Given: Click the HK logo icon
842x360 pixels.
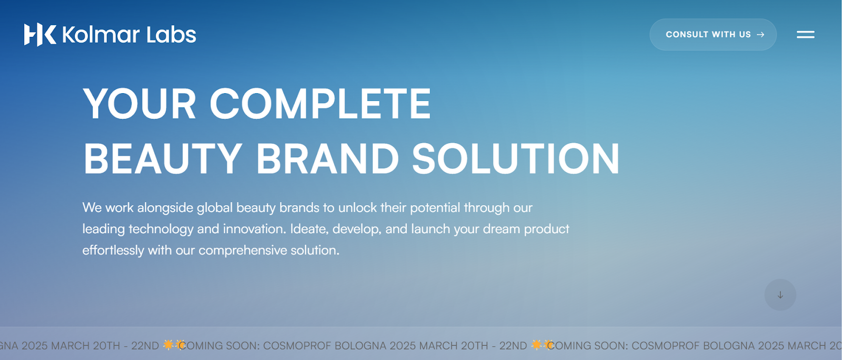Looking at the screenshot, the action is (x=40, y=35).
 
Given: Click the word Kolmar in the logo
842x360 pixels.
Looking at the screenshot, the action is (x=101, y=35).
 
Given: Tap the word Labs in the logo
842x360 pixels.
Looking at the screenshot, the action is (x=172, y=35).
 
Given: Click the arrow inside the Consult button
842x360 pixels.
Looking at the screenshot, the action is (x=760, y=35).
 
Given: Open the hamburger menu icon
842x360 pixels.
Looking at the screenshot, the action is (x=806, y=35).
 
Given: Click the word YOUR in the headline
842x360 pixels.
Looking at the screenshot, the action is (x=139, y=104).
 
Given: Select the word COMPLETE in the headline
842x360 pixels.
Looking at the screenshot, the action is (x=320, y=104).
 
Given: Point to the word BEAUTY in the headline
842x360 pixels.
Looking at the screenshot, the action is (x=163, y=158).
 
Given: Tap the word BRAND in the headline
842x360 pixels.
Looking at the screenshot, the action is (x=327, y=158).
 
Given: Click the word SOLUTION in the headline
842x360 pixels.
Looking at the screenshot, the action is (x=516, y=158).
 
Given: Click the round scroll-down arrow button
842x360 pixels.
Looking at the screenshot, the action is (x=780, y=295).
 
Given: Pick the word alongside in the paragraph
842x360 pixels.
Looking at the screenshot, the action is (x=165, y=208).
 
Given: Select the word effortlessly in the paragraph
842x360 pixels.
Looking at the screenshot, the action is (x=113, y=251).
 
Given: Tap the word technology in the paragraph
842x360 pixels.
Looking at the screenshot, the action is (x=161, y=229).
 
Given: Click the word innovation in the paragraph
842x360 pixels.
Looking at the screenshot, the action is (x=255, y=229).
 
